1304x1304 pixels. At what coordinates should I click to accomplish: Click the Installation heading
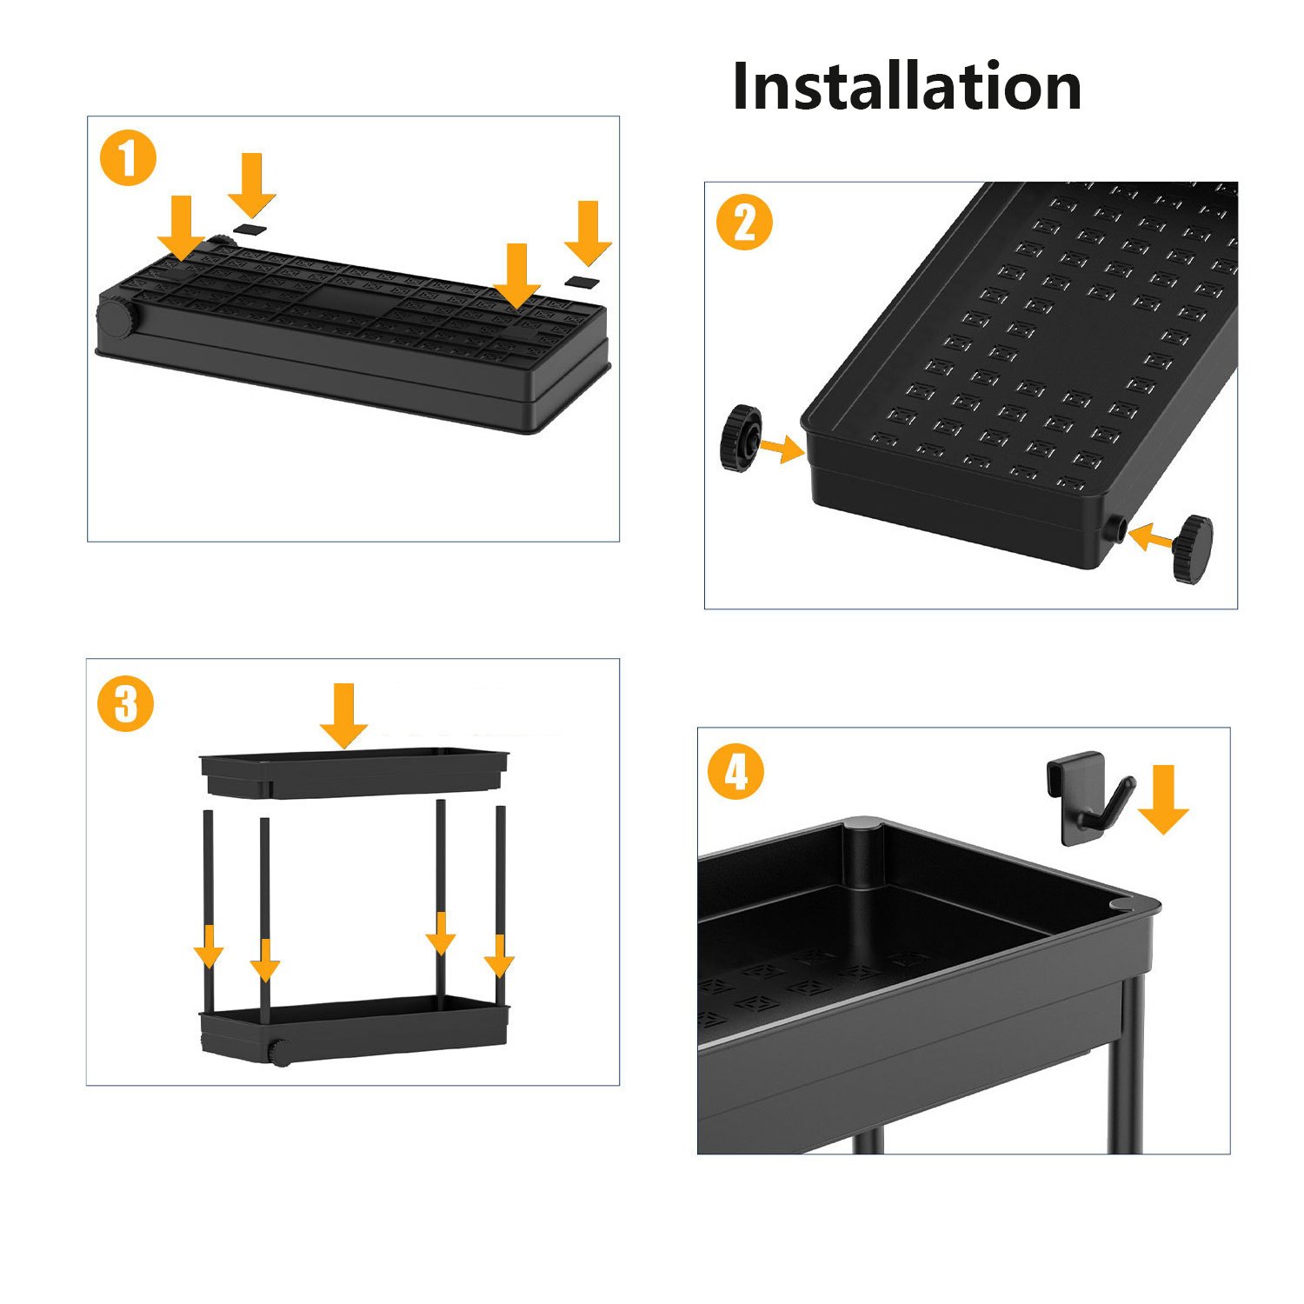pyautogui.click(x=907, y=87)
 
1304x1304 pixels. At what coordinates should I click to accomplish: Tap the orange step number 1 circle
pyautogui.click(x=128, y=159)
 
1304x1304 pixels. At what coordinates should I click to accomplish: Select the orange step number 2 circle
pyautogui.click(x=744, y=223)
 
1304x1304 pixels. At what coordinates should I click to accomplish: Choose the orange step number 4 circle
pyautogui.click(x=736, y=772)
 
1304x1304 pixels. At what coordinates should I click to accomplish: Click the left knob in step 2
pyautogui.click(x=741, y=438)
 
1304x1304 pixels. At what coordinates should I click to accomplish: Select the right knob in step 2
pyautogui.click(x=1192, y=549)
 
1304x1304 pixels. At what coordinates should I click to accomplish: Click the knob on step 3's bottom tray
pyautogui.click(x=279, y=1053)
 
